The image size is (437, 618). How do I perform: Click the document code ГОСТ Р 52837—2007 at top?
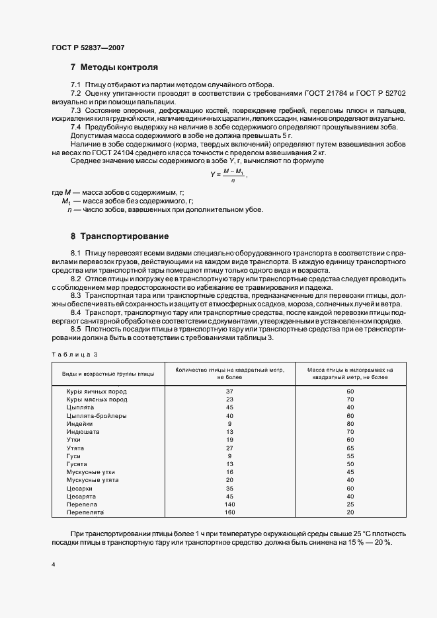(x=87, y=47)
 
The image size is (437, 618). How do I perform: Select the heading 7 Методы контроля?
(x=114, y=67)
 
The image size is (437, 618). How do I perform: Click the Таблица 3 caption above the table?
(x=74, y=355)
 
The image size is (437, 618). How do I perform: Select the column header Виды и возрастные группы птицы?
(x=108, y=374)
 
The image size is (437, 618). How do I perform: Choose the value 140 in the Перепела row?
(x=230, y=504)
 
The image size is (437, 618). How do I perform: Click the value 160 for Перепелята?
(x=230, y=512)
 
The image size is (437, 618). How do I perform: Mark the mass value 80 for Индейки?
(x=350, y=424)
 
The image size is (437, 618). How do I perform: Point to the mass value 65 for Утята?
(x=350, y=448)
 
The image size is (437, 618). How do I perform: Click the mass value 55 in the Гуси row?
(x=350, y=456)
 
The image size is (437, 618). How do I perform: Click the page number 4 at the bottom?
(x=53, y=566)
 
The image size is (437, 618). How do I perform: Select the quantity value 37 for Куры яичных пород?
(x=230, y=392)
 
